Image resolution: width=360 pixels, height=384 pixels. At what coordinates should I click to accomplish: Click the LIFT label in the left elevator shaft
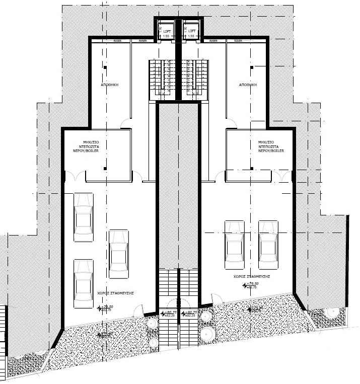[x=166, y=31]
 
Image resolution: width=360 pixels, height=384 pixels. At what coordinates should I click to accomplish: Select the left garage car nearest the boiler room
[x=83, y=213]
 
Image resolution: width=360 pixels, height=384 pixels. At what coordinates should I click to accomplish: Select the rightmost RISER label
[x=238, y=40]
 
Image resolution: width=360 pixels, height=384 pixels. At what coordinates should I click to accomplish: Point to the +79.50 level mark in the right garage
[x=252, y=284]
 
